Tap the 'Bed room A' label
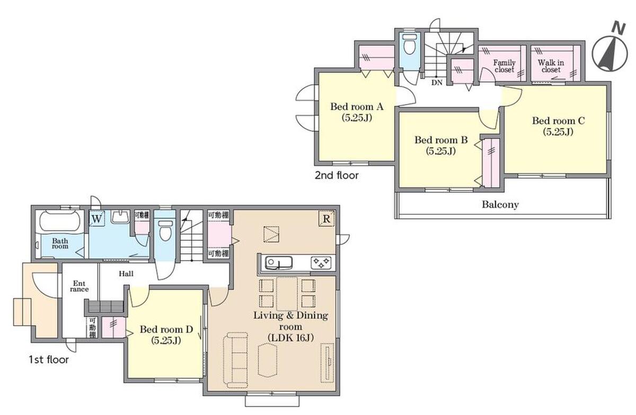click(357, 107)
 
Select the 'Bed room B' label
click(441, 140)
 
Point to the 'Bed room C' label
click(559, 121)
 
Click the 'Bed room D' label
click(166, 330)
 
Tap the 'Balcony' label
click(500, 204)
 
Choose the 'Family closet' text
click(504, 66)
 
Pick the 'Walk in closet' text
click(551, 66)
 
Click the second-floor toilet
click(409, 45)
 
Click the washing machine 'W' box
click(96, 219)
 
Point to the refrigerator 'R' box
click(326, 219)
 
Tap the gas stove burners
click(321, 263)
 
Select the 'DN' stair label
click(437, 83)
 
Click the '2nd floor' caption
click(337, 175)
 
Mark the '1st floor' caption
click(49, 360)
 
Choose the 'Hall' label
click(126, 274)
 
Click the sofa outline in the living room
click(235, 360)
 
